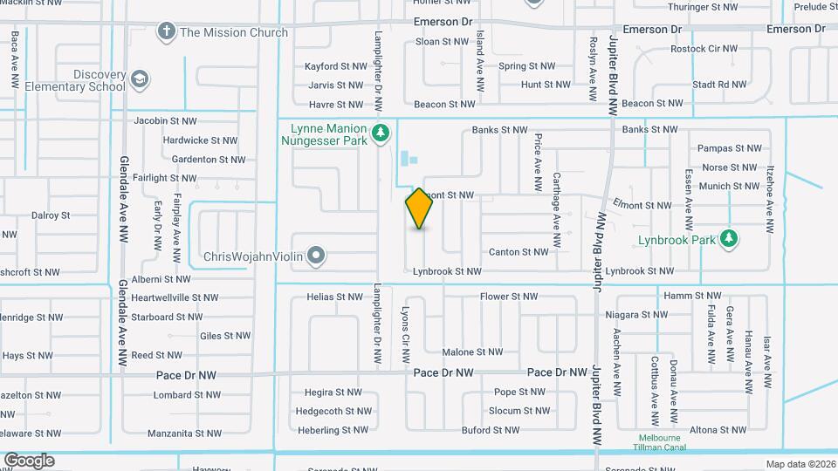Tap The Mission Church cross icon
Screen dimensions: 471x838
pyautogui.click(x=165, y=32)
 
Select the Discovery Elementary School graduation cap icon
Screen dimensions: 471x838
pyautogui.click(x=139, y=81)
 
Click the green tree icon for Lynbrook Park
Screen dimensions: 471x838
pyautogui.click(x=729, y=238)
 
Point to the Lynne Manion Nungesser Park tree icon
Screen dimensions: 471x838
pyautogui.click(x=380, y=133)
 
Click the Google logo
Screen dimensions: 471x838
pyautogui.click(x=29, y=461)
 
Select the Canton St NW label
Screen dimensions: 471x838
pyautogui.click(x=520, y=252)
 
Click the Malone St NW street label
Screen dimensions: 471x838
pyautogui.click(x=472, y=352)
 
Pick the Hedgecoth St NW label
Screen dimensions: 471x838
pyautogui.click(x=333, y=411)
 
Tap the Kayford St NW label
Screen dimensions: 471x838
pyautogui.click(x=334, y=66)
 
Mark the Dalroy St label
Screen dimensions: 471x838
pyautogui.click(x=50, y=215)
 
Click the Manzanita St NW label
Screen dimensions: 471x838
pyautogui.click(x=184, y=433)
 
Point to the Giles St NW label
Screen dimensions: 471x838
pyautogui.click(x=224, y=336)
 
